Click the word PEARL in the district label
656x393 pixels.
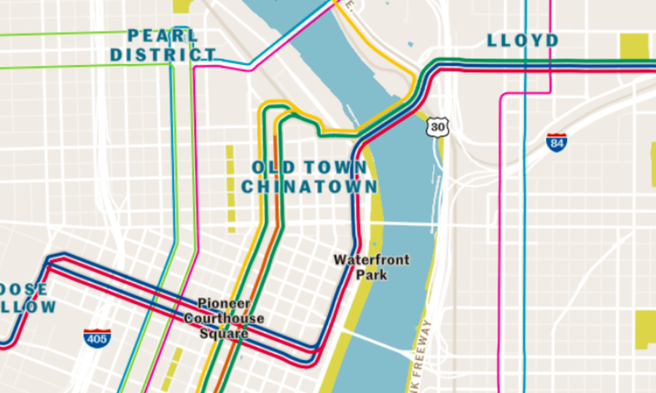[163, 36]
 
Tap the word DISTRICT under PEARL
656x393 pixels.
[163, 55]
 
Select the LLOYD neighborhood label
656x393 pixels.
[523, 40]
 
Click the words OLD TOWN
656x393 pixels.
[309, 168]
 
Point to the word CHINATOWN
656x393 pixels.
[309, 187]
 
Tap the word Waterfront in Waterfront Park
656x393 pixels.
[372, 260]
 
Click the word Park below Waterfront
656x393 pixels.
[372, 275]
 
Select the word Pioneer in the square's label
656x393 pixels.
[224, 303]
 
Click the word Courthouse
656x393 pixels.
[224, 319]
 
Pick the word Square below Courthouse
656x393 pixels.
[224, 333]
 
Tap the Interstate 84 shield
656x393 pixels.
[557, 142]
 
